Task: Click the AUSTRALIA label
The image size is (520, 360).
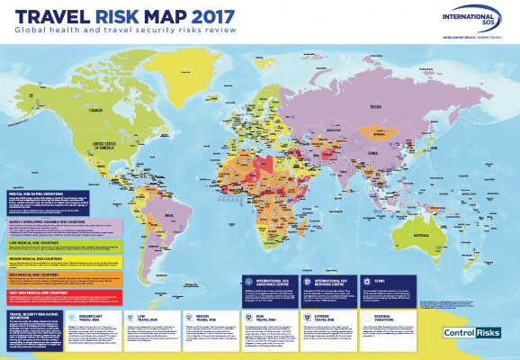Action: (x=442, y=245)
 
